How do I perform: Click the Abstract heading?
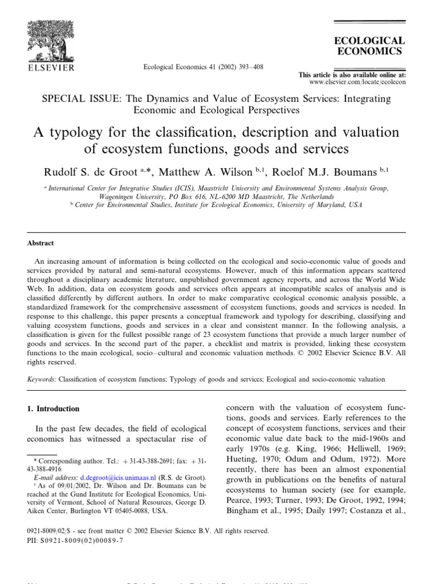(x=40, y=243)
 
